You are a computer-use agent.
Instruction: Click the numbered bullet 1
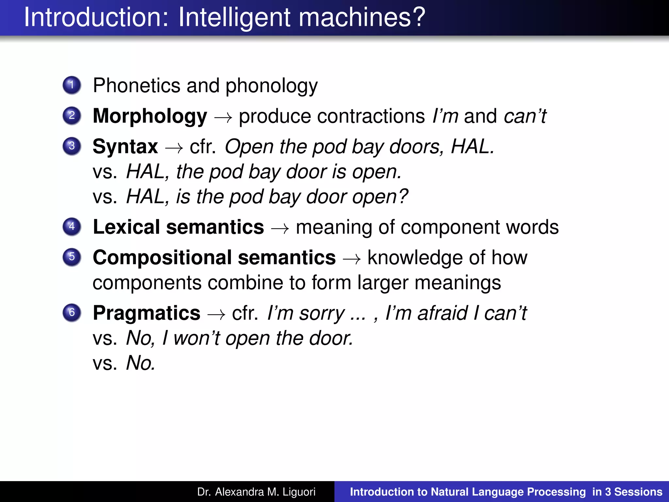click(72, 85)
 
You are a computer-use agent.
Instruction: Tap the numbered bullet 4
click(72, 226)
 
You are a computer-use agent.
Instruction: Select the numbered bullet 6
click(72, 312)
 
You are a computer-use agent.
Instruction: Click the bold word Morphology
click(150, 116)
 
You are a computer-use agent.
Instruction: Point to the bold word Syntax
click(125, 146)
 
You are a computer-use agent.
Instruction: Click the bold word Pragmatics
click(146, 313)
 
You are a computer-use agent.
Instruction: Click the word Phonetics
click(137, 86)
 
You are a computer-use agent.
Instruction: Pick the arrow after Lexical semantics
click(280, 228)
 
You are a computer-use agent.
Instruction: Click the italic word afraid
click(443, 313)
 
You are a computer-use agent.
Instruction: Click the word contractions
click(371, 116)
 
